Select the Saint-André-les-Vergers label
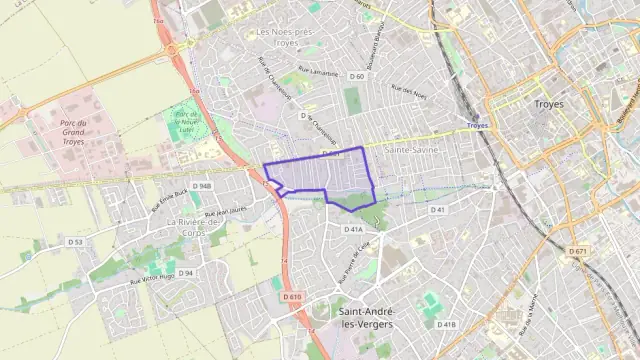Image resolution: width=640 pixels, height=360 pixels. coord(362,318)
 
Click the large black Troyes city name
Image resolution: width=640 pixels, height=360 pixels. coord(549,104)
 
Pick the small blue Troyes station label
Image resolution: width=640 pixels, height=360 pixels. coord(477,126)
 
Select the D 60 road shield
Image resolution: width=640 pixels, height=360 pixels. coord(357,76)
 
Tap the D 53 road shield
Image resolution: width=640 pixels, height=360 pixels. coord(75,242)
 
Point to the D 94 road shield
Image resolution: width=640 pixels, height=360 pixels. coord(186,272)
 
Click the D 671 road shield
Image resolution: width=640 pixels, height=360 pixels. coord(578,251)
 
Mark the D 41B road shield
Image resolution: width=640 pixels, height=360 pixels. coord(446,324)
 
